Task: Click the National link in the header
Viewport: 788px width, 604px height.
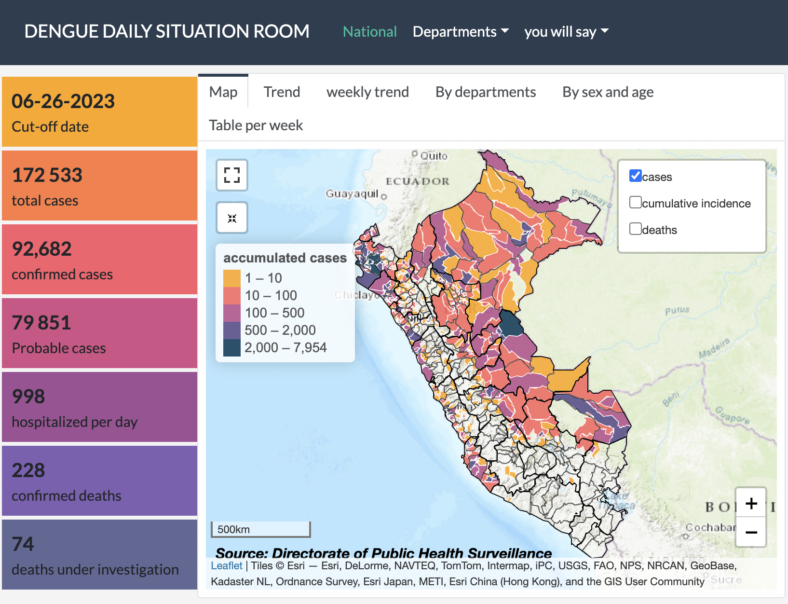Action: pyautogui.click(x=369, y=32)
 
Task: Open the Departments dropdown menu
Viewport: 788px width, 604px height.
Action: pyautogui.click(x=461, y=32)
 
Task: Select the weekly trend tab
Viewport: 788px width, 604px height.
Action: pyautogui.click(x=367, y=92)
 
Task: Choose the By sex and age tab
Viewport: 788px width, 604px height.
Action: pyautogui.click(x=608, y=92)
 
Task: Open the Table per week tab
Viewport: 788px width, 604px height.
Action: pyautogui.click(x=256, y=125)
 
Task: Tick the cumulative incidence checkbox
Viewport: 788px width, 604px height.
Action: pyautogui.click(x=636, y=202)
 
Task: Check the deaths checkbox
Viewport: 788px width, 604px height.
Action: pyautogui.click(x=636, y=229)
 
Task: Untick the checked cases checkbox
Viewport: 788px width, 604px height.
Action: pyautogui.click(x=636, y=176)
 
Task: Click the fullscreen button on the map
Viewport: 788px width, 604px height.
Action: pyautogui.click(x=232, y=175)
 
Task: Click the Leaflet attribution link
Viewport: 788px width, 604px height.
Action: pyautogui.click(x=227, y=565)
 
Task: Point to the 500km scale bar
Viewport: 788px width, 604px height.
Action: pyautogui.click(x=260, y=529)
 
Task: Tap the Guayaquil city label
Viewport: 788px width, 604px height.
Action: pyautogui.click(x=353, y=193)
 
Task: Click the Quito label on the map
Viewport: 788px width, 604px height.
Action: pyautogui.click(x=434, y=156)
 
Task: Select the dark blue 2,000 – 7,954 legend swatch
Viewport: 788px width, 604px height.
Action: pyautogui.click(x=232, y=348)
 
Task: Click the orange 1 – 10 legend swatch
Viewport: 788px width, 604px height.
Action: pyautogui.click(x=232, y=278)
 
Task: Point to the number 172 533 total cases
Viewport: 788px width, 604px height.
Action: pyautogui.click(x=47, y=175)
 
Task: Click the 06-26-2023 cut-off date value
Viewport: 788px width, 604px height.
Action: pyautogui.click(x=63, y=101)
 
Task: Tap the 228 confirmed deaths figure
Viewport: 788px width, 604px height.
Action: pyautogui.click(x=28, y=470)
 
